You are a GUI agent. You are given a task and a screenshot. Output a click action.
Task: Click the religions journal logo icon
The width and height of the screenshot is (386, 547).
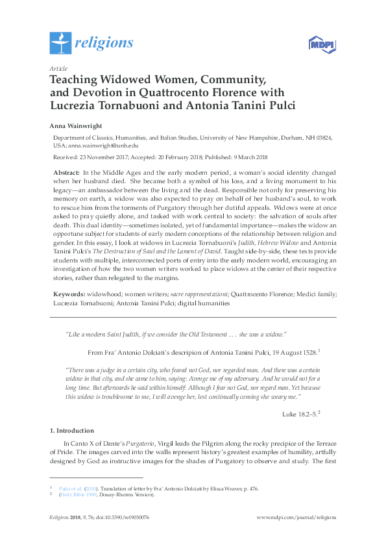pyautogui.click(x=60, y=43)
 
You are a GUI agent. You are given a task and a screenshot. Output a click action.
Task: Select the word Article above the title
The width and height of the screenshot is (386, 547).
pyautogui.click(x=58, y=68)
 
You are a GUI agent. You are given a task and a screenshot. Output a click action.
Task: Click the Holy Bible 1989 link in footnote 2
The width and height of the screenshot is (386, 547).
pyautogui.click(x=77, y=494)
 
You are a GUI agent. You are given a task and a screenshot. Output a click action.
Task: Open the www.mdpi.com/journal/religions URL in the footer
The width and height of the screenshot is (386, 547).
pyautogui.click(x=296, y=517)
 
